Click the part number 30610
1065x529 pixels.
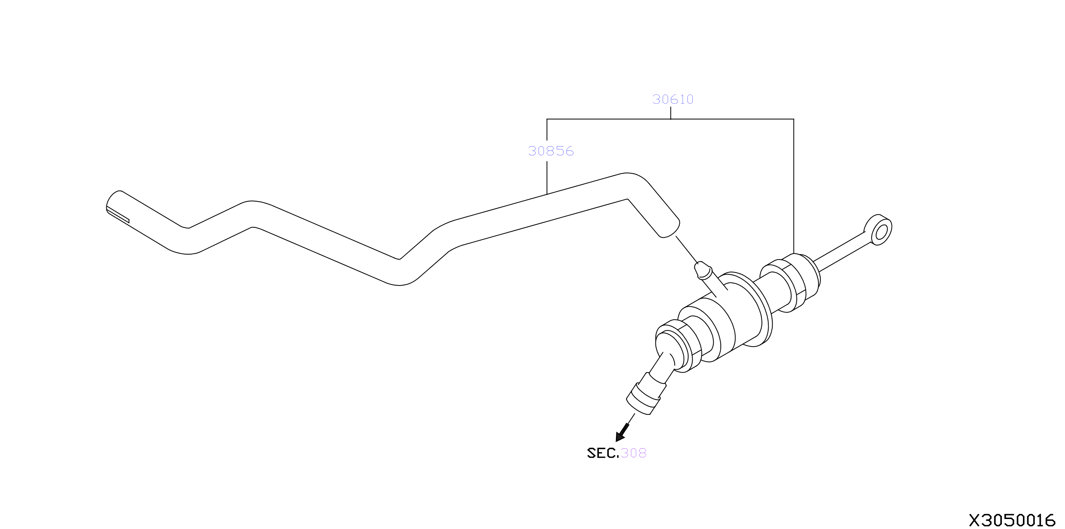tap(673, 99)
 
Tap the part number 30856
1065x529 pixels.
tap(551, 151)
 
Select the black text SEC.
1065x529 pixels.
tap(603, 453)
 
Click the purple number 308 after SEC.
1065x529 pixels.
tap(633, 453)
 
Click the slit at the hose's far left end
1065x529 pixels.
tap(118, 215)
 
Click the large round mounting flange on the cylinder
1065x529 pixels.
tap(750, 309)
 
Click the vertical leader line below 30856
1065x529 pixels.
tap(547, 178)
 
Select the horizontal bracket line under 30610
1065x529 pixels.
tap(670, 119)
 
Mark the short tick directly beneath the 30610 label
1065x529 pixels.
tap(671, 113)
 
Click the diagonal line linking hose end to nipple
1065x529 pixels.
tap(687, 249)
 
